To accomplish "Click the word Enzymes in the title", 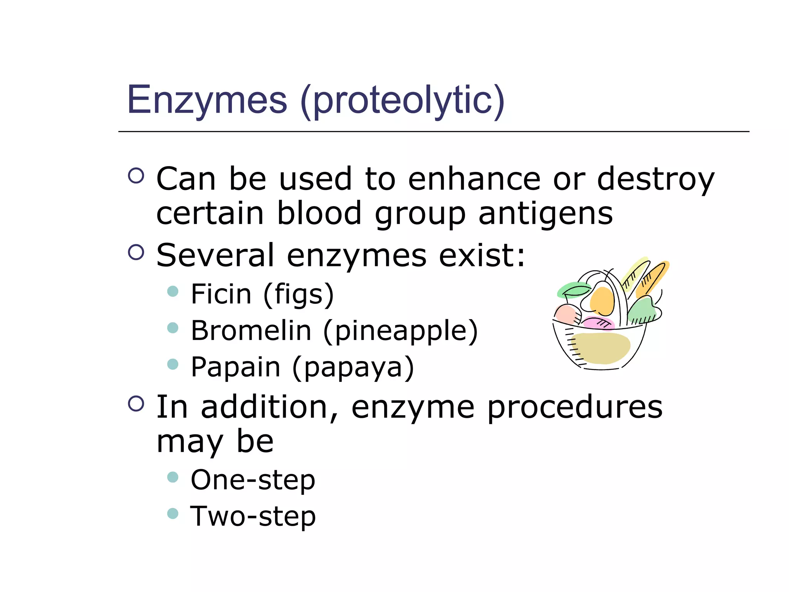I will point(207,100).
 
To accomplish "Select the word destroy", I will point(655,180).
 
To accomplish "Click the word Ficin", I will point(221,294).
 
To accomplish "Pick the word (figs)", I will point(299,295).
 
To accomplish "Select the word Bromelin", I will point(251,331).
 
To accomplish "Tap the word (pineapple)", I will point(400,332).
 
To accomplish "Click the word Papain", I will point(235,367).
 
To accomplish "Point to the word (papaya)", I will point(353,368).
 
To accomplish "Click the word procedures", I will point(574,408).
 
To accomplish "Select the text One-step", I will point(253,481).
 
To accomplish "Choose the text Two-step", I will point(253,516).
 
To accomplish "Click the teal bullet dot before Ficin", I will point(173,291).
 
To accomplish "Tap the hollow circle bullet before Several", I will point(136,252).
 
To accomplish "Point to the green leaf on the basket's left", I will point(573,290).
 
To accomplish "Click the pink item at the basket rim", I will point(597,323).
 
